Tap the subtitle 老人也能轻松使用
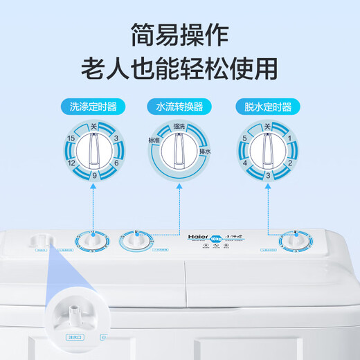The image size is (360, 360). [180, 68]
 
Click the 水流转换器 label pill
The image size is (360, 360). [179, 107]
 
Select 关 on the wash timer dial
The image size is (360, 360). [93, 127]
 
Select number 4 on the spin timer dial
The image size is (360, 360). [245, 163]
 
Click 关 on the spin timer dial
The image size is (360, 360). [267, 127]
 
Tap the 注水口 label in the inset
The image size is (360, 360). [71, 337]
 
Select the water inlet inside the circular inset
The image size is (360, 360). [71, 316]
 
